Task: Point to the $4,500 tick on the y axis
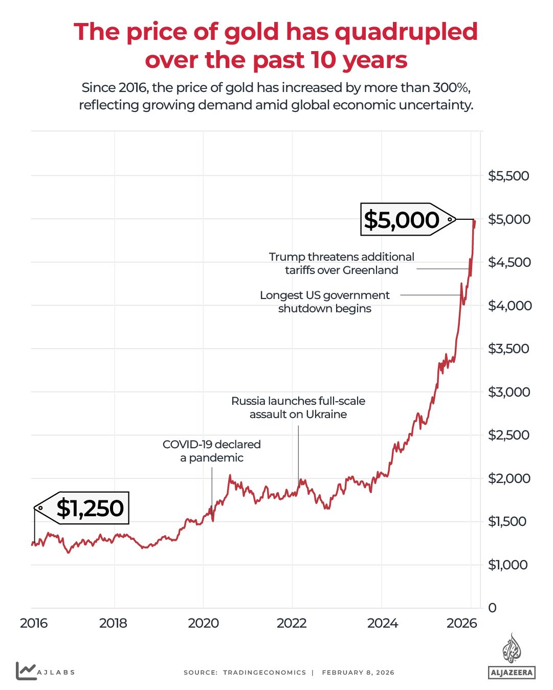coord(509,262)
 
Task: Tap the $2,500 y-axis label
coord(509,435)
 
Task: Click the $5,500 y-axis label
coord(508,176)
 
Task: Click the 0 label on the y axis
coord(492,608)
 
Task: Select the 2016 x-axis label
coord(34,623)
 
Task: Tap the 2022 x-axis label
coord(292,623)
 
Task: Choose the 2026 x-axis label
coord(461,623)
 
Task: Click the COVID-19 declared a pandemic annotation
coord(212,451)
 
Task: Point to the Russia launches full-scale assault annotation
coord(298,407)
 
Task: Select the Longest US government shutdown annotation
coord(325,302)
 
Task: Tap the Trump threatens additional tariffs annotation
coord(342,263)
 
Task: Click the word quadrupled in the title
coord(406,32)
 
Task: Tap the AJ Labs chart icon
coord(26,671)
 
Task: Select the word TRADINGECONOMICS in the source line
coord(264,673)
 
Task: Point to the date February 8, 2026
coord(358,673)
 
